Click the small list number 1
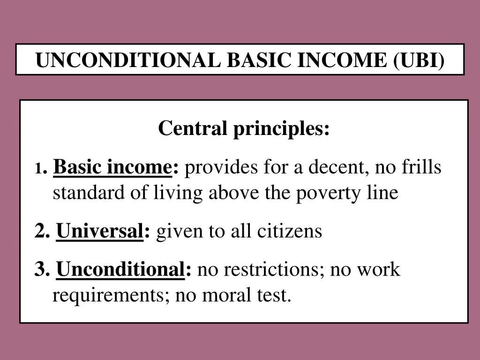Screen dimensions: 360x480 click(38, 169)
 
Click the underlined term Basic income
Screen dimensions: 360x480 click(112, 167)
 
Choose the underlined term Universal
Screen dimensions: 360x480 click(100, 231)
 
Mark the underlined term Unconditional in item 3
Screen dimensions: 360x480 click(120, 270)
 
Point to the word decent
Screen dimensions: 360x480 click(335, 167)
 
